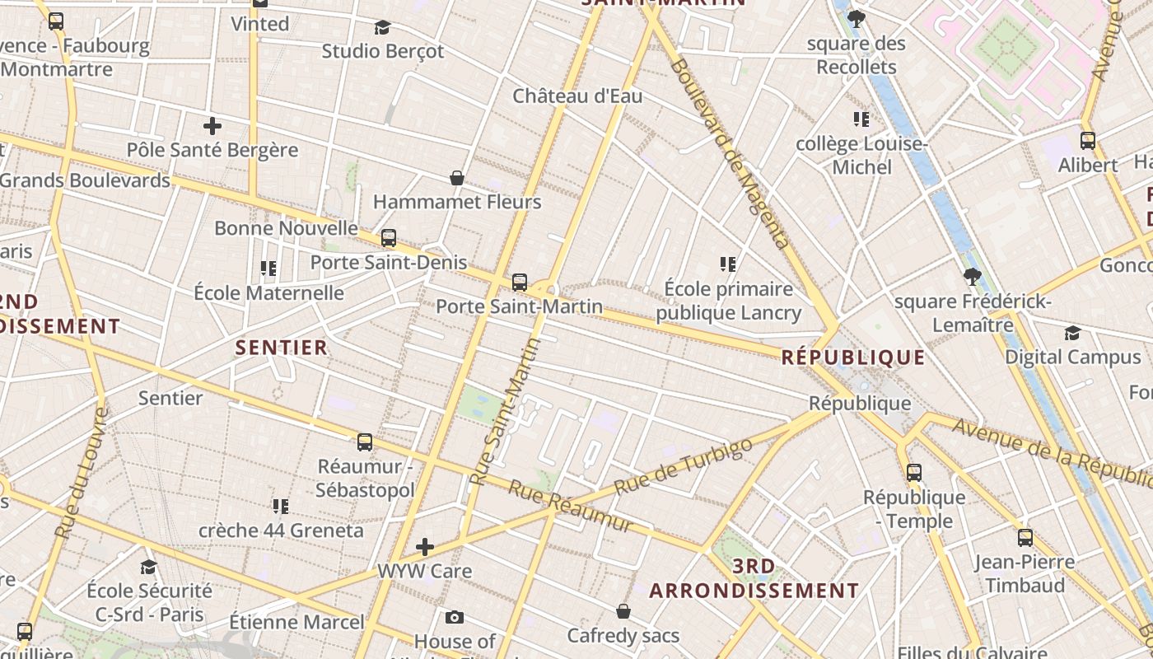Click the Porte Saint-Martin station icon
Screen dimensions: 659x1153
coord(520,283)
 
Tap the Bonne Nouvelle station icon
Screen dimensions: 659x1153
coord(389,238)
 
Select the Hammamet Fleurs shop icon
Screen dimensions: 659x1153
coord(457,178)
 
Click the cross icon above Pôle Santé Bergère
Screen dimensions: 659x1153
coord(212,126)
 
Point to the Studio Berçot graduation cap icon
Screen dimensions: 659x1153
coord(382,27)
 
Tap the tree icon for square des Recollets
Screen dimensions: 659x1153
coord(857,18)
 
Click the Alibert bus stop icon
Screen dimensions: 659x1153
coord(1088,141)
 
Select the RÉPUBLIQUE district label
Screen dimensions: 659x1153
coord(853,358)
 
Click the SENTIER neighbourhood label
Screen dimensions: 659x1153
coord(282,348)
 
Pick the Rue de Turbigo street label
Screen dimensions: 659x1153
coord(684,466)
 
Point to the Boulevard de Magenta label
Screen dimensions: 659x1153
coord(730,152)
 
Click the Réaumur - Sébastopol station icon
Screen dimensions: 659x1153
coord(365,442)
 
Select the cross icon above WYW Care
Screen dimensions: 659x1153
coord(425,546)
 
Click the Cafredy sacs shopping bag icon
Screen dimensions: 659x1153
coord(623,611)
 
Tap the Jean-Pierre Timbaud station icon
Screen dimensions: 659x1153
coord(1025,538)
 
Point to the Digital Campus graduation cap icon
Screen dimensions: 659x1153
coord(1072,333)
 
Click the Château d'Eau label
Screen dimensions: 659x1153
coord(577,96)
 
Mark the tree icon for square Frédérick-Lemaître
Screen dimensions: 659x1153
coord(973,276)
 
